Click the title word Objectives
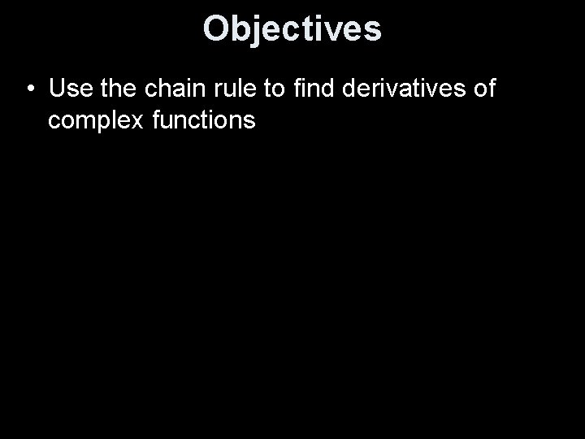[292, 28]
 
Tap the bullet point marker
[29, 88]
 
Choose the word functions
[203, 120]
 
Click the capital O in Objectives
[216, 28]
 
